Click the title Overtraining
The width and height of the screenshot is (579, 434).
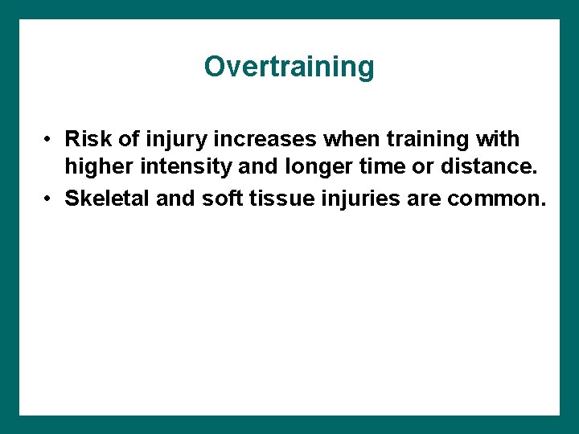(x=289, y=67)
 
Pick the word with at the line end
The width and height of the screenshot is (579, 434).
(x=498, y=139)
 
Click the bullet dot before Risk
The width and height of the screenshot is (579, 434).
(x=50, y=140)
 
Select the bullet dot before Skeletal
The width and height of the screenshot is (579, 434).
(x=50, y=199)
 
